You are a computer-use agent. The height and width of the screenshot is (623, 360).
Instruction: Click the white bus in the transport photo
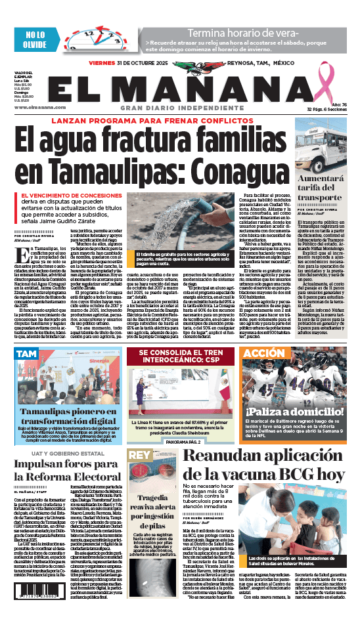[x=322, y=139]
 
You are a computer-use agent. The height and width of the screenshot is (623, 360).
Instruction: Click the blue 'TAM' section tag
[x=28, y=372]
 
